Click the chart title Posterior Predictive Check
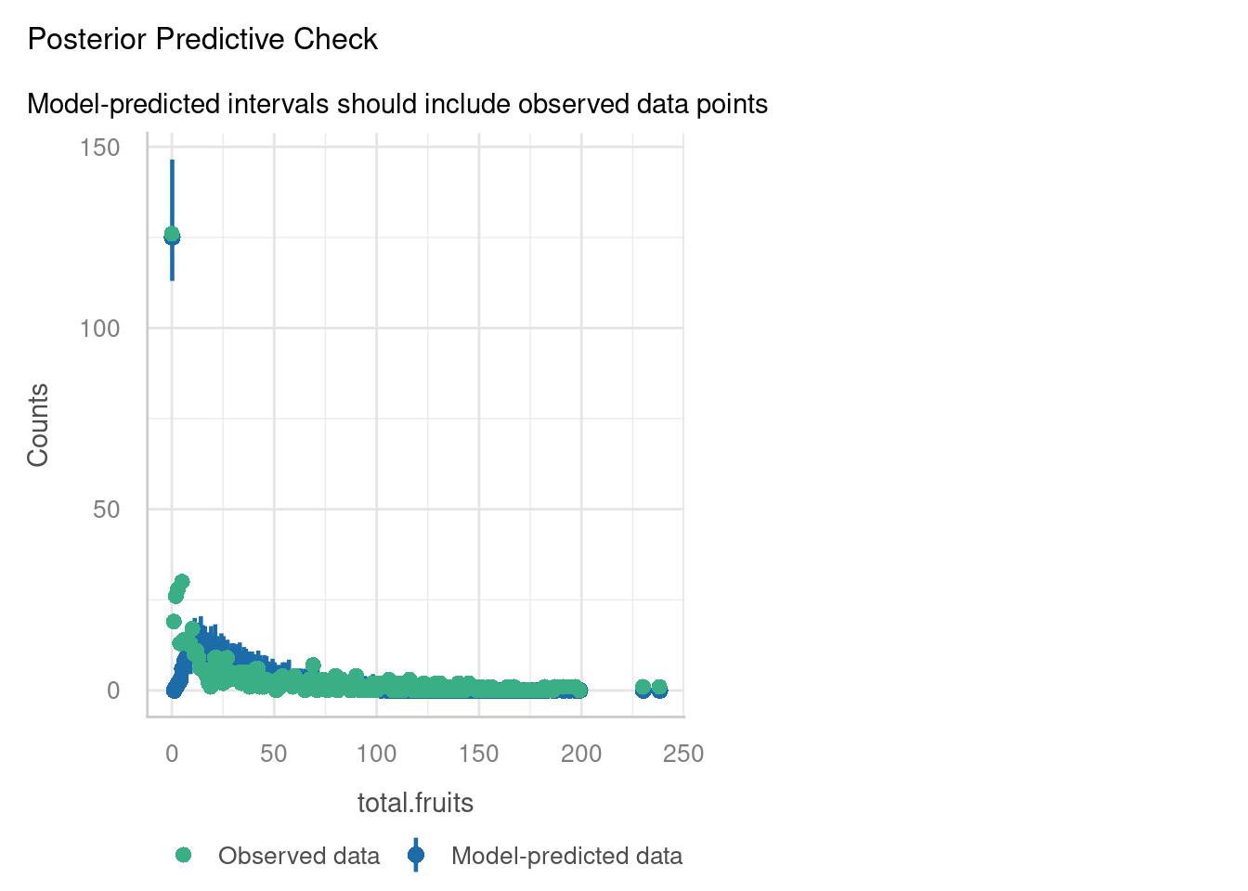[202, 40]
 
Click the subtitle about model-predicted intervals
[397, 104]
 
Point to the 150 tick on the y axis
[100, 148]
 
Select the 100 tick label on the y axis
[100, 329]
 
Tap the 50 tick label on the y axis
[106, 510]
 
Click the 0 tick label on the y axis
[113, 691]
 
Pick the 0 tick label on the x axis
[172, 754]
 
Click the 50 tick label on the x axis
[274, 754]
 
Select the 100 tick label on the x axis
[376, 754]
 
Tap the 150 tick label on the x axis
[479, 754]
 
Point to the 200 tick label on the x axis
[581, 754]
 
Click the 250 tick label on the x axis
[683, 754]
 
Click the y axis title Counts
[38, 425]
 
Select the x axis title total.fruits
[415, 803]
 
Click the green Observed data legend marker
[183, 855]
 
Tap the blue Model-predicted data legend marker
[416, 855]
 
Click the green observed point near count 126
[172, 234]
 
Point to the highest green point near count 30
[182, 582]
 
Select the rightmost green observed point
[659, 688]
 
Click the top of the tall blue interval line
[172, 161]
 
